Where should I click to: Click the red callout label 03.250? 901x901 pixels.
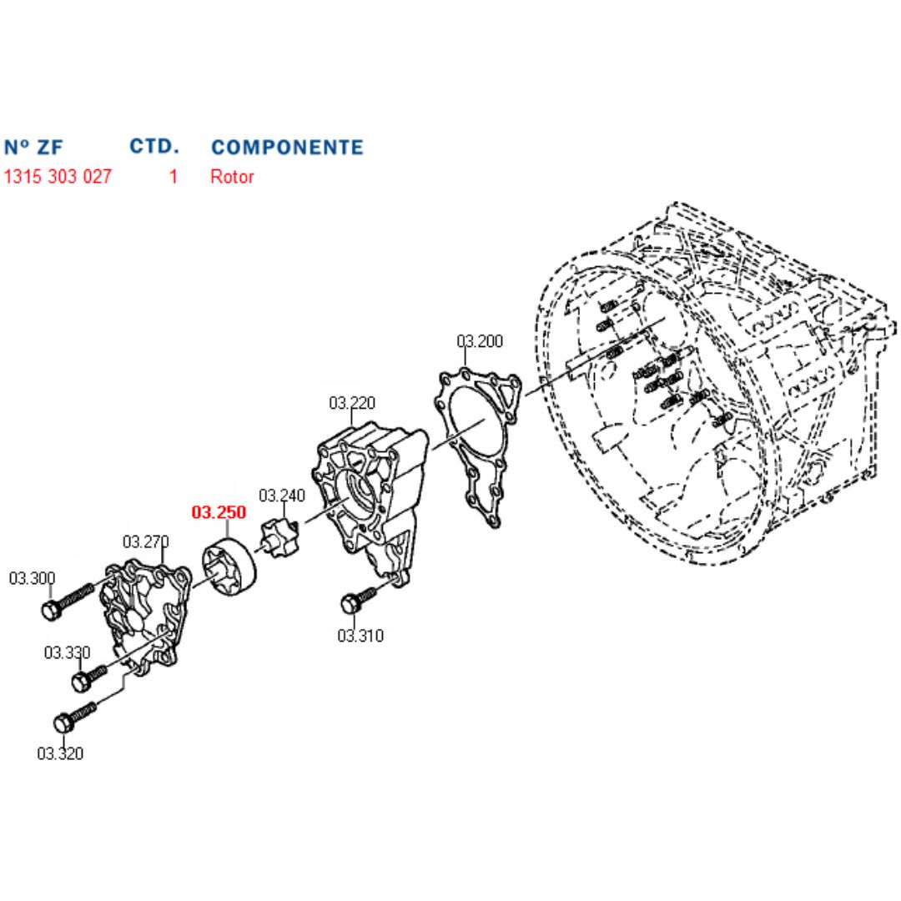point(219,512)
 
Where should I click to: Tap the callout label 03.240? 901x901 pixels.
point(282,496)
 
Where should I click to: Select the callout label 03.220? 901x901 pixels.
point(352,403)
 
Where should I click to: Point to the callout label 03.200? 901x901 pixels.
point(479,340)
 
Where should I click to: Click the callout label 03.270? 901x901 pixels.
point(145,541)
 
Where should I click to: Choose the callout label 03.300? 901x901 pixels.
point(33,578)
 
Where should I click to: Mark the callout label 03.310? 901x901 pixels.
point(360,636)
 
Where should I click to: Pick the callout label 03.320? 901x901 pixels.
point(60,753)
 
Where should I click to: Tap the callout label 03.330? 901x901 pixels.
point(68,652)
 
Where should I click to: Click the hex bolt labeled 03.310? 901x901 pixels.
point(361,597)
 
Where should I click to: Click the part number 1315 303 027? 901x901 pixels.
point(58,176)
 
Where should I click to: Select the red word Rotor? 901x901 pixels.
point(232,176)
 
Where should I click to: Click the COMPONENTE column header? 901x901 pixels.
point(287,147)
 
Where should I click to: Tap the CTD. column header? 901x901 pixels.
point(154,147)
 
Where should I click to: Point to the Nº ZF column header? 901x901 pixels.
point(33,147)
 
